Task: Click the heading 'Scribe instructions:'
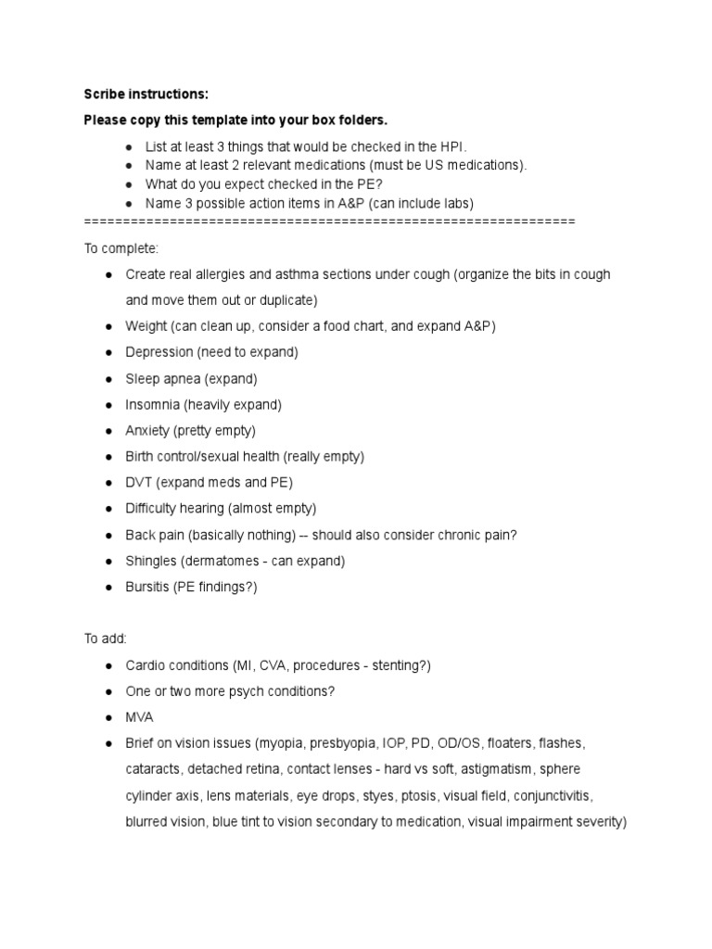pos(146,95)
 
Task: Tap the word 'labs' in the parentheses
pos(457,203)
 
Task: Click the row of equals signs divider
pos(329,221)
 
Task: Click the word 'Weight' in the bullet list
pos(146,326)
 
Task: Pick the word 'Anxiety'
pos(147,431)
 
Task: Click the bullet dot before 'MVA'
pos(108,717)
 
